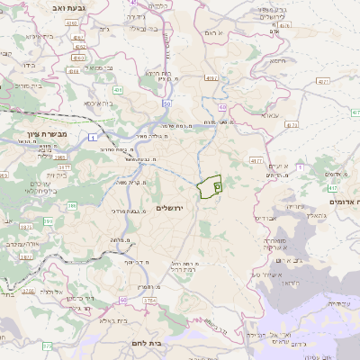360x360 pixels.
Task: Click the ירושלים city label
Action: point(169,208)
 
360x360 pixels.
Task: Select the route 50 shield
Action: point(168,103)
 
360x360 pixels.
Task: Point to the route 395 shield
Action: point(71,208)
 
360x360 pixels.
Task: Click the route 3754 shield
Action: point(149,300)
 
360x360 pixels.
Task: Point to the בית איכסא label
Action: point(98,103)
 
